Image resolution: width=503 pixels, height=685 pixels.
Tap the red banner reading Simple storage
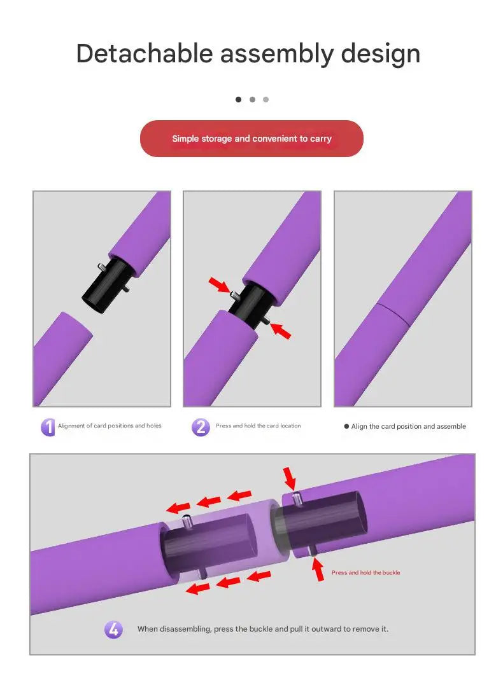coord(251,139)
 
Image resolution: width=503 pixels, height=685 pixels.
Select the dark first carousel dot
coord(239,99)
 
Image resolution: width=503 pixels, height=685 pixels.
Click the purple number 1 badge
coord(48,427)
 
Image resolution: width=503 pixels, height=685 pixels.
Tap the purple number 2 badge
coord(201,427)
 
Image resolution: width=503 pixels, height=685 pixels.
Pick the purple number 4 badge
coord(113,630)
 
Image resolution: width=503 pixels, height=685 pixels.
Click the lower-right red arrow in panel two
coord(280,330)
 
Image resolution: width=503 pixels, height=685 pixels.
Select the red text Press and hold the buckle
coord(365,573)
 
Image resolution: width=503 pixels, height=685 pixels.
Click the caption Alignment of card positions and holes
coord(110,426)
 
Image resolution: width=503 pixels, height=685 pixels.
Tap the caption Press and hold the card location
coord(258,426)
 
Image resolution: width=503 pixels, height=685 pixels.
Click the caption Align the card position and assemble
coord(408,427)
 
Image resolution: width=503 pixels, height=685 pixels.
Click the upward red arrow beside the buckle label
coord(318,570)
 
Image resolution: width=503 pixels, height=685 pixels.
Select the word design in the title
coord(380,53)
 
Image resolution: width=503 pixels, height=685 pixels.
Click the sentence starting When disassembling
coord(262,629)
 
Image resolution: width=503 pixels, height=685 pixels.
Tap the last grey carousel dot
coord(266,99)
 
